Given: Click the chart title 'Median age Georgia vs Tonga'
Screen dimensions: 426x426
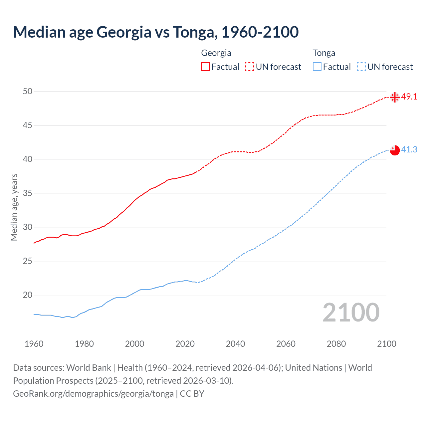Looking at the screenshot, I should pyautogui.click(x=156, y=32).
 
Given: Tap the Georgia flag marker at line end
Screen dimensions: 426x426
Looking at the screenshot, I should pyautogui.click(x=395, y=97).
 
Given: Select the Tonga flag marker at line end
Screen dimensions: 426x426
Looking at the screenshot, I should pyautogui.click(x=395, y=150).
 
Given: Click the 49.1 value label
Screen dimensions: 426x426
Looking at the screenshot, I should pyautogui.click(x=409, y=97).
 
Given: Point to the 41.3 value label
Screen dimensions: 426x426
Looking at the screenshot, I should pyautogui.click(x=409, y=150).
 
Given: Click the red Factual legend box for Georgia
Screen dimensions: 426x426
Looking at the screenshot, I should pyautogui.click(x=205, y=67).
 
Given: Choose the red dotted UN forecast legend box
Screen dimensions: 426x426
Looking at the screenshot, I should pyautogui.click(x=250, y=67).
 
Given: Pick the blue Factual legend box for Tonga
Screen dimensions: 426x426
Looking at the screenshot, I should pyautogui.click(x=317, y=67).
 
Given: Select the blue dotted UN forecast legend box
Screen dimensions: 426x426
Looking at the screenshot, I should pyautogui.click(x=361, y=67).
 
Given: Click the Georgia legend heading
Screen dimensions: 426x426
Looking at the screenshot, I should pyautogui.click(x=216, y=53).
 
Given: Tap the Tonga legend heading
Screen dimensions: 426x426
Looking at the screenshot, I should pyautogui.click(x=324, y=53).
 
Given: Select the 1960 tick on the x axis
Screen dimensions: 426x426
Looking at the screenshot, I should pyautogui.click(x=34, y=344).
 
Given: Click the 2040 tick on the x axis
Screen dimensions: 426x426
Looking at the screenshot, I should pyautogui.click(x=235, y=344).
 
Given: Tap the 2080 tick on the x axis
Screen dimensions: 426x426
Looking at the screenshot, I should pyautogui.click(x=336, y=344).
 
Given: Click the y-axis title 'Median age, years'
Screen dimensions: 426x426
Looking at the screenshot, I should pyautogui.click(x=14, y=207).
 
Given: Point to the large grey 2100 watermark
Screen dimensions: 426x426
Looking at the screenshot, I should pyautogui.click(x=351, y=313).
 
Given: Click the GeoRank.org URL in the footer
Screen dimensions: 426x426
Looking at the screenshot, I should pyautogui.click(x=93, y=394).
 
